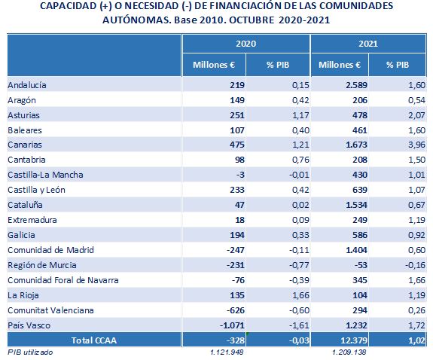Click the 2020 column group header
245,44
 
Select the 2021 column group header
368,44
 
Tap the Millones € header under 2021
340,65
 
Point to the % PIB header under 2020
278,65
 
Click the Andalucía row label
27,85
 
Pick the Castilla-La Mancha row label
45,175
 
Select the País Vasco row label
29,325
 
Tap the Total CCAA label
94,340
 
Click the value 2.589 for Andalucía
356,85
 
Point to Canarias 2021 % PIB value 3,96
416,145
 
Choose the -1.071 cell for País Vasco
232,325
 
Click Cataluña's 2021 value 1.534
356,205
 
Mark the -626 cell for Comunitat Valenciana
236,310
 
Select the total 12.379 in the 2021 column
354,340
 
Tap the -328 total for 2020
236,340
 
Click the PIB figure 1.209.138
349,352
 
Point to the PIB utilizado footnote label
30,352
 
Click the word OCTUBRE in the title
252,20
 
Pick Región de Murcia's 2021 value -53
361,265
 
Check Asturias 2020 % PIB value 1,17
300,115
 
